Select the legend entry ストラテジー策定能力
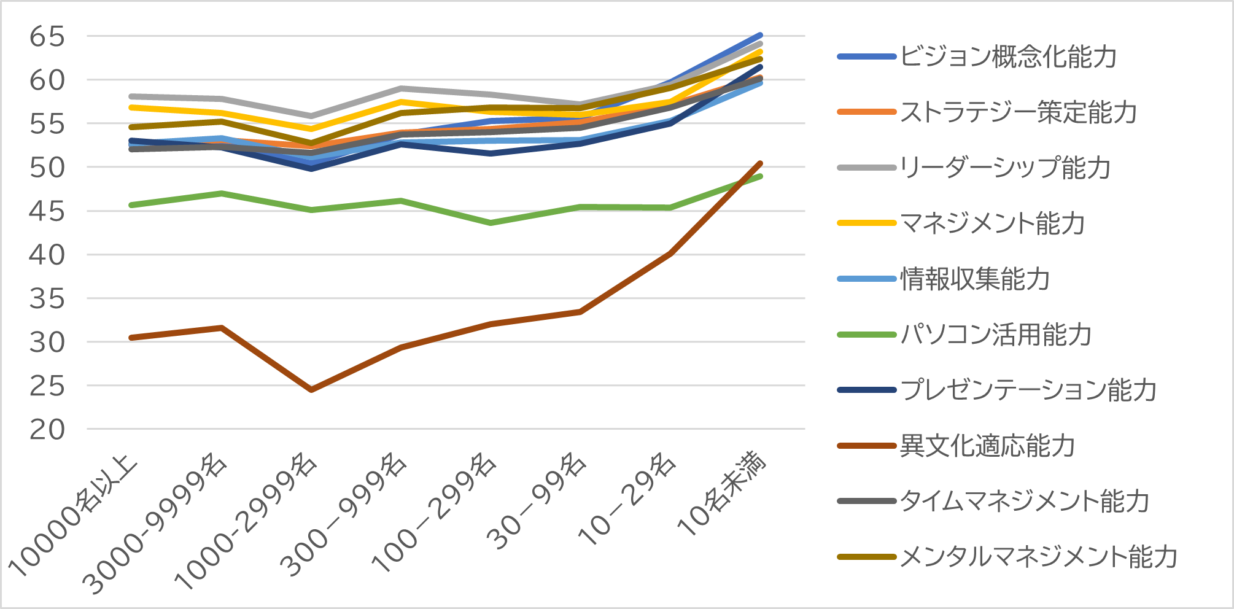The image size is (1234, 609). pos(1018,112)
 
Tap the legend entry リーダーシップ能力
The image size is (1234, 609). pos(1005,168)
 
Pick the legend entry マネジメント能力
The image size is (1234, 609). pos(992,223)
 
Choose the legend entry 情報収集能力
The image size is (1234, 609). pos(975,279)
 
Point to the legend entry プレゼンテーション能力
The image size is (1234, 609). pos(1028,390)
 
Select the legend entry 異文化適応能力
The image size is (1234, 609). pos(987,446)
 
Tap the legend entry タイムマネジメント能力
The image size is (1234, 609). pos(1024,501)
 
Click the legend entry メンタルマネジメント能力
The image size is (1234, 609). pos(1038,557)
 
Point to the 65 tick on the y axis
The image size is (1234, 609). pos(47,37)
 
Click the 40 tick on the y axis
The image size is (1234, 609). pos(47,255)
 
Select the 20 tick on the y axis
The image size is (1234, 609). pos(47,430)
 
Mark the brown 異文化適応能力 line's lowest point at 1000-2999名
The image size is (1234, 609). pos(311,390)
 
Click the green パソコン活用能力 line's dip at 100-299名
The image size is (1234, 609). pos(491,223)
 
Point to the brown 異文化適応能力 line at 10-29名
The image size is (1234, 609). pos(670,253)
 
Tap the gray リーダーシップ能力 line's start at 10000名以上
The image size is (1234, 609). pos(132,96)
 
